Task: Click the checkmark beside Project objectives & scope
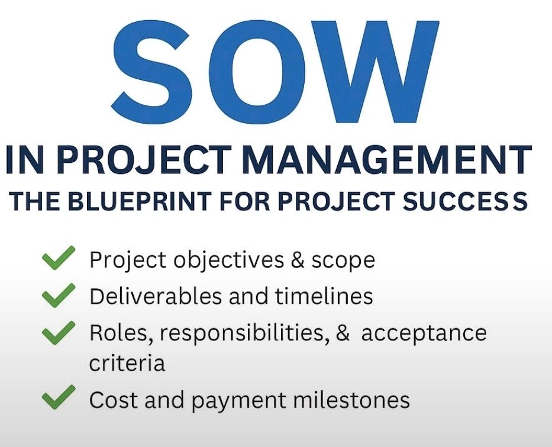pos(59,258)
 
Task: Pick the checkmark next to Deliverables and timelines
pos(59,295)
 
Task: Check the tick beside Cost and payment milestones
pos(59,397)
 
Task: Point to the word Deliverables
pos(156,296)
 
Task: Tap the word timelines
pos(324,296)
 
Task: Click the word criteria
pos(127,363)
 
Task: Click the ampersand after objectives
pos(298,260)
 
